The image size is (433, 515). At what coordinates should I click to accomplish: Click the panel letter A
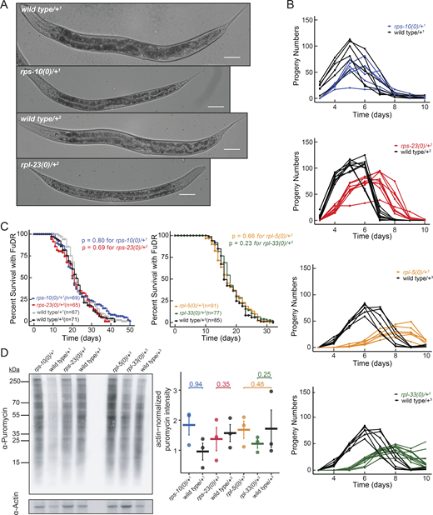click(x=6, y=7)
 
